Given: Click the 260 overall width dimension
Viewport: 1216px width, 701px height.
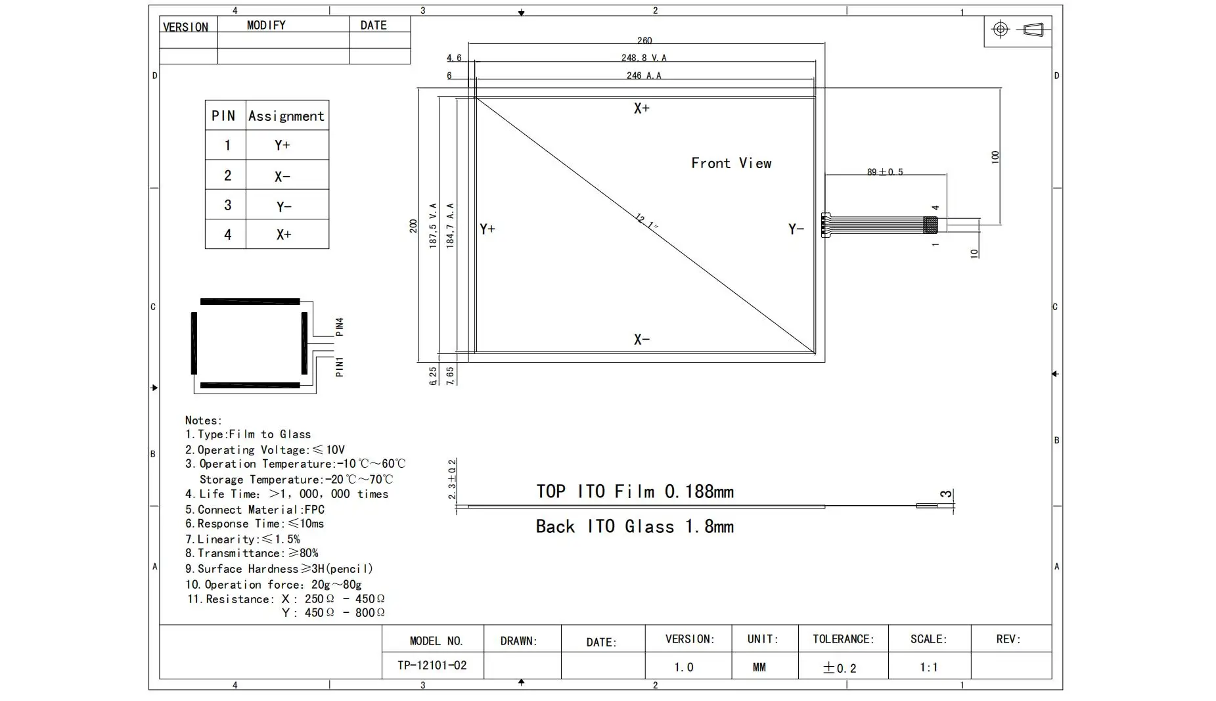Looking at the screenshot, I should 644,41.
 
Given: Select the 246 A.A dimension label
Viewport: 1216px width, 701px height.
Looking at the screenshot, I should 644,76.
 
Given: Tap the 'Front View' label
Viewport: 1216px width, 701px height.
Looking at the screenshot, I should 731,163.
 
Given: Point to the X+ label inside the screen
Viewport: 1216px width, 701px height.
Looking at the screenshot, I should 641,108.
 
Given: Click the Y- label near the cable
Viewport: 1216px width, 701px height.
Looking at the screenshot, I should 796,229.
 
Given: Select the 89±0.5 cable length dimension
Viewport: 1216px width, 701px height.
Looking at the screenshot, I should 884,172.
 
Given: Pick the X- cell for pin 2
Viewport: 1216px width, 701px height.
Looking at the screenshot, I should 282,176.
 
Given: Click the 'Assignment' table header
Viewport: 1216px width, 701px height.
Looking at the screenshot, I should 286,116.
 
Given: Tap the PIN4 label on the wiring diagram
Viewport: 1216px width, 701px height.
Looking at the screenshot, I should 340,327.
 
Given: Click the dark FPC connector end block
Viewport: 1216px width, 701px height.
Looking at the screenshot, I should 930,225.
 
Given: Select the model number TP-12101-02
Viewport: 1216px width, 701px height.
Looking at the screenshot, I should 432,665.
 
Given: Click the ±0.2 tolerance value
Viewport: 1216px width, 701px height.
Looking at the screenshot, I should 840,667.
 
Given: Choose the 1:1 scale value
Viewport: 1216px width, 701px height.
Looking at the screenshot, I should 928,667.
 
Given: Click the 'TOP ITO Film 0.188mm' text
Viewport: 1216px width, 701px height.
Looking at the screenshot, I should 635,491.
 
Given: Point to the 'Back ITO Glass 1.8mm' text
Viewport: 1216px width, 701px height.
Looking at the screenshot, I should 635,526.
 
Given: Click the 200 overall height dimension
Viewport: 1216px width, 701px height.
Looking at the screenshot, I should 413,225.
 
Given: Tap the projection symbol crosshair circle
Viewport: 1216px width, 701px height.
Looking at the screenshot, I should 1000,29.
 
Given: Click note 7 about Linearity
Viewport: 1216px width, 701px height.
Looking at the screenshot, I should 242,539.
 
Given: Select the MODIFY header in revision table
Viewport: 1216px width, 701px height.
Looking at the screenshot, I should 266,25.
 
